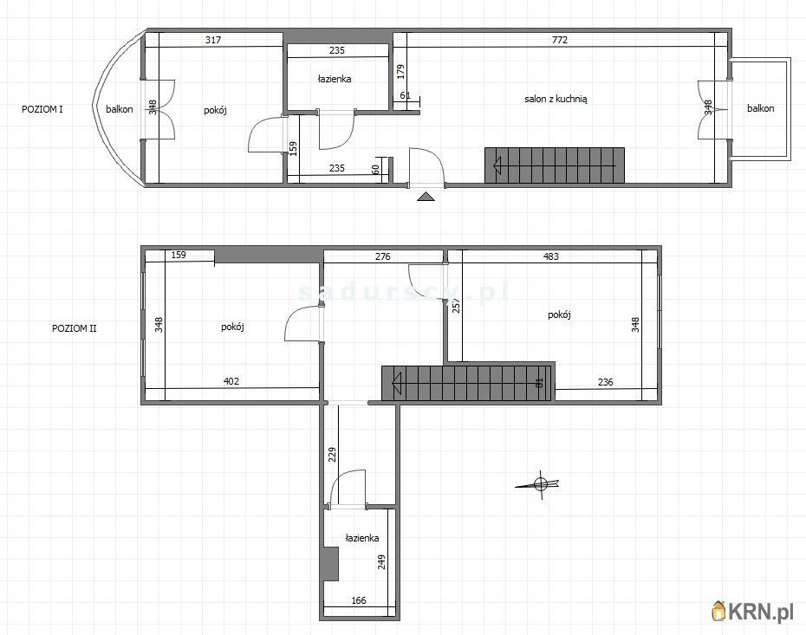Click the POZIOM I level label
42,109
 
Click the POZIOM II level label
75,328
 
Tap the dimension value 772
561,39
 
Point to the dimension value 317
212,39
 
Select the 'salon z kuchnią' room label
556,100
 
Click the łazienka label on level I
335,79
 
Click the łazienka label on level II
362,538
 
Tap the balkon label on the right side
761,108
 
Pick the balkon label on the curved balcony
120,109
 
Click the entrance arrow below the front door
426,197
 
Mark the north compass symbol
540,484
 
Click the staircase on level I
554,165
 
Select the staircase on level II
468,382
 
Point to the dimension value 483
551,256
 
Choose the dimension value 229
332,455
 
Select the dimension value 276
383,256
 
